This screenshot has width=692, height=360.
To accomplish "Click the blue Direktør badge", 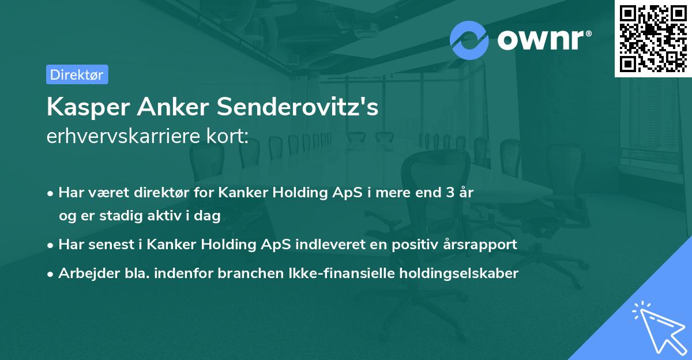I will click(77, 74).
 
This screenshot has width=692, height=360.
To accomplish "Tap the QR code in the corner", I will click(653, 38).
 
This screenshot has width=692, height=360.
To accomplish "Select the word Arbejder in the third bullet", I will click(84, 273).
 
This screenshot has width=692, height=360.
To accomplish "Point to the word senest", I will click(105, 244).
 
